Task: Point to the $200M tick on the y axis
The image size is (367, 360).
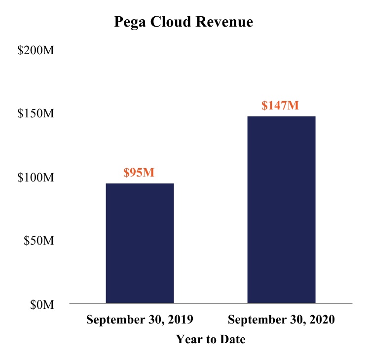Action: [x=35, y=51]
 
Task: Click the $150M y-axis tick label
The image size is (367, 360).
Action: [x=35, y=114]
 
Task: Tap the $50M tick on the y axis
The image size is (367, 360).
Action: [x=38, y=241]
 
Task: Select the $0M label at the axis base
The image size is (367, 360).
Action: [x=41, y=305]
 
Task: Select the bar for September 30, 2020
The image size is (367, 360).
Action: [x=281, y=210]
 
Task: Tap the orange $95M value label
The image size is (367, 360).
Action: [x=140, y=173]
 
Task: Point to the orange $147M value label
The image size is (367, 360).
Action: [x=281, y=106]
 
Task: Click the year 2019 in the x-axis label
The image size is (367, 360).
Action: [x=181, y=320]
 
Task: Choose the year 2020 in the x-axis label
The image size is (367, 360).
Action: [x=322, y=320]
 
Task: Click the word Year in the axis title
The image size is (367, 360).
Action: [x=187, y=340]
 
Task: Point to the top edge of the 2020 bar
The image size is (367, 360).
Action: [x=281, y=117]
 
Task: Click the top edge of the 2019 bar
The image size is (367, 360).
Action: [x=140, y=184]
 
